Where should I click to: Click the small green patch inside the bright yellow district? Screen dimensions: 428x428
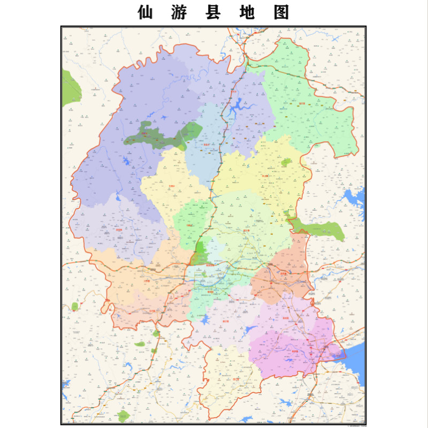[x=287, y=162]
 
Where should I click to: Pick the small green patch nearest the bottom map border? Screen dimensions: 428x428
[x=124, y=415]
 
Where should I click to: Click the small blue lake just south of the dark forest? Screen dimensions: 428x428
[x=128, y=160]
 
